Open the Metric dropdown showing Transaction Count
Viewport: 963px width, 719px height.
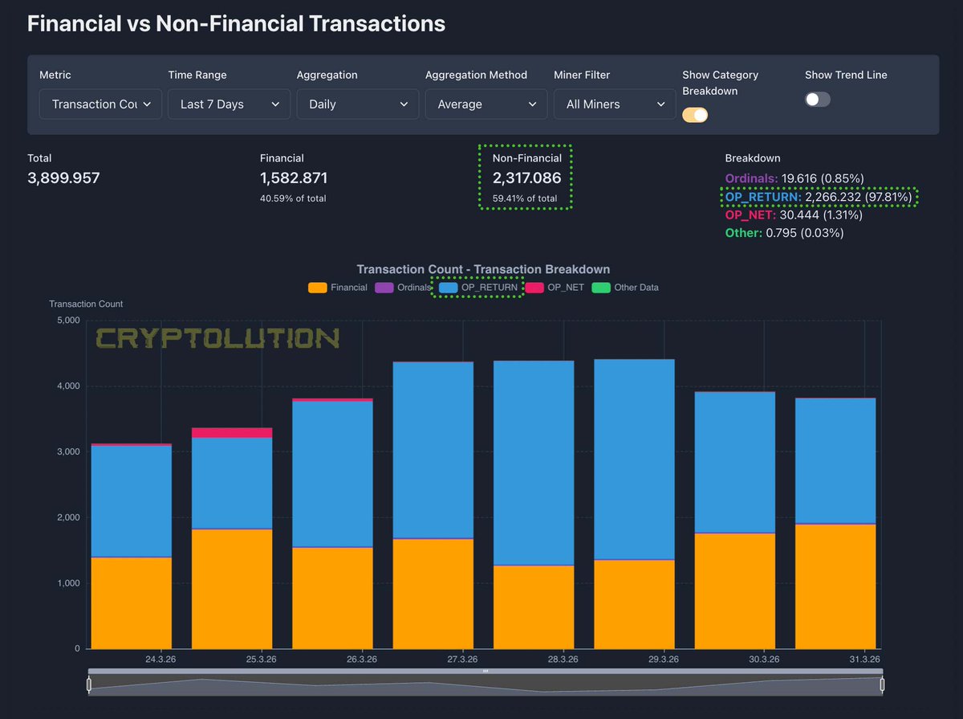(x=100, y=104)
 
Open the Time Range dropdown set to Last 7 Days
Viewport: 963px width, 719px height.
(x=229, y=104)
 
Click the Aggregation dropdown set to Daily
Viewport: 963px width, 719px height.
(x=357, y=104)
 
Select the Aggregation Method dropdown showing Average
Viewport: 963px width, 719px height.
(x=486, y=104)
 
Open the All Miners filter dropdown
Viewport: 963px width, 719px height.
(x=614, y=104)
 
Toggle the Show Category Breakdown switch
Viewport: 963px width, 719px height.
(x=695, y=115)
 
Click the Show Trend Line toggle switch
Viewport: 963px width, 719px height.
(x=818, y=99)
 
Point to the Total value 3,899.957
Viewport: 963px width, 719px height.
(x=63, y=178)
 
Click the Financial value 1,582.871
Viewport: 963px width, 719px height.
(x=294, y=178)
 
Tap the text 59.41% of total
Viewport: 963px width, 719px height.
(x=525, y=198)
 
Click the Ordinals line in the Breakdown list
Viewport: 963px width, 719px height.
(x=782, y=178)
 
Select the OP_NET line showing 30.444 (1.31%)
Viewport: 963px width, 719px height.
(x=782, y=215)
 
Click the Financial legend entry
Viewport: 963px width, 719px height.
(x=338, y=288)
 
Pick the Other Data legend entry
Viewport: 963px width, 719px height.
(x=626, y=288)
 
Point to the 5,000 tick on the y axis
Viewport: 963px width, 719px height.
(x=66, y=321)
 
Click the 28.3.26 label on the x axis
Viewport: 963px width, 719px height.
(x=563, y=660)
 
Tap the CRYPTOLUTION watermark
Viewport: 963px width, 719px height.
(x=217, y=338)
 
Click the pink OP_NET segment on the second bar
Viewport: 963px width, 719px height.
(x=232, y=433)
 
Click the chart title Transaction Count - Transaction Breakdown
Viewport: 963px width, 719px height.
(x=483, y=270)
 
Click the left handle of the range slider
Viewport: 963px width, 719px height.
(x=89, y=684)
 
